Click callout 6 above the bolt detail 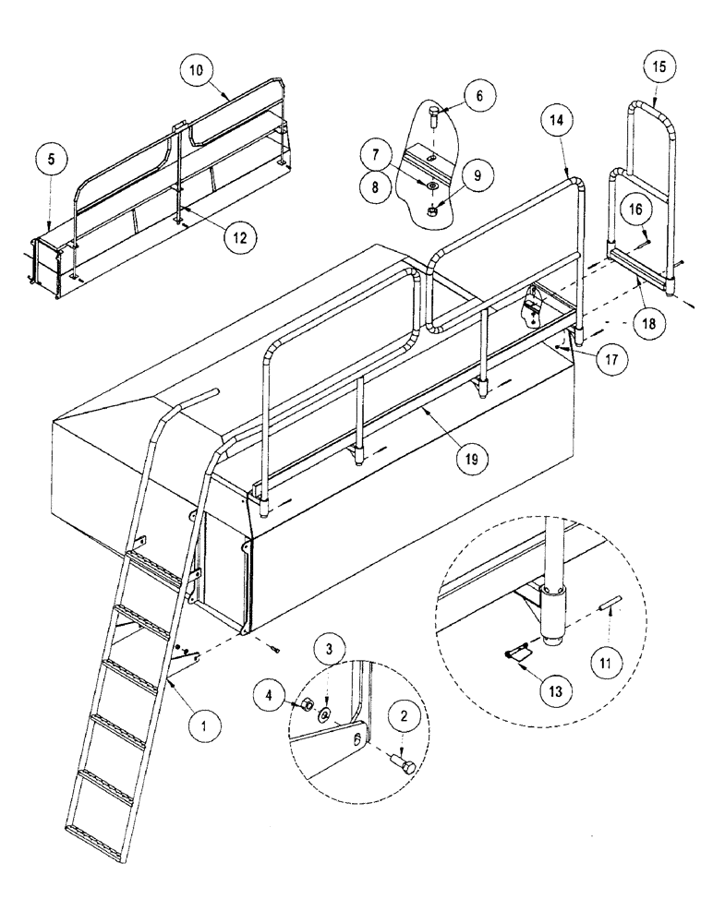tap(478, 96)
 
